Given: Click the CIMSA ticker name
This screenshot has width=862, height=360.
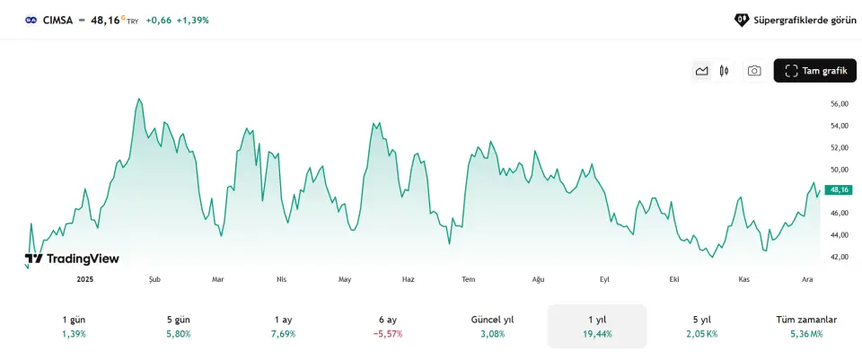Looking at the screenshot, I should (x=58, y=19).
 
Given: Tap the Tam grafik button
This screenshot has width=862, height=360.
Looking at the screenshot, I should (x=815, y=71).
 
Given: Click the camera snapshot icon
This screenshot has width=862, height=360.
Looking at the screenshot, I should (x=754, y=71).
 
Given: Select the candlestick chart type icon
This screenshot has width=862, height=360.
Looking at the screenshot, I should (x=724, y=71).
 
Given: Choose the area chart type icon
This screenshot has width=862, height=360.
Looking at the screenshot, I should (x=701, y=71).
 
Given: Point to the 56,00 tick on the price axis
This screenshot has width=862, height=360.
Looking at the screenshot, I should (x=839, y=104).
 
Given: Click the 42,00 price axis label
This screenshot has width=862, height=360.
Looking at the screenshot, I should (x=839, y=257).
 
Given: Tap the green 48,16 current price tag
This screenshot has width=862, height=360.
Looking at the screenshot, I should (x=840, y=190).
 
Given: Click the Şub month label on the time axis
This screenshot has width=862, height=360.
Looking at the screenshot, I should (x=154, y=279).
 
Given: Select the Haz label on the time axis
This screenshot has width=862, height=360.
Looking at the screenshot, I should (x=409, y=279).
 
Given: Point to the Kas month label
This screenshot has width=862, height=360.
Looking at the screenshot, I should (x=743, y=279).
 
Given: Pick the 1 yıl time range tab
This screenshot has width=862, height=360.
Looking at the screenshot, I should (x=597, y=326).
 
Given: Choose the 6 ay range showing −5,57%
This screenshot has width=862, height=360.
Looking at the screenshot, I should (x=388, y=326).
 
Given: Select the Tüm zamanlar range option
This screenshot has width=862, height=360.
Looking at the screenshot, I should (x=806, y=326).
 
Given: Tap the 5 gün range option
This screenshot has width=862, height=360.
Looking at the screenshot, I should (x=178, y=326).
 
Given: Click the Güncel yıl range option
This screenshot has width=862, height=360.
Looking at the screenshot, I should (x=492, y=326).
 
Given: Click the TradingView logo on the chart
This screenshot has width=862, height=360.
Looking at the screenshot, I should (x=72, y=259).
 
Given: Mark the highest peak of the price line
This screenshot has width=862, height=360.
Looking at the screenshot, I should (x=139, y=99).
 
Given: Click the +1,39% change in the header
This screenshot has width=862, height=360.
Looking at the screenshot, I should (x=192, y=20).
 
